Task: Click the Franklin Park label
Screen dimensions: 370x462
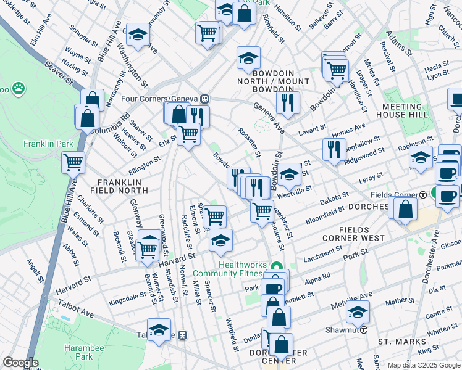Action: pyautogui.click(x=44, y=144)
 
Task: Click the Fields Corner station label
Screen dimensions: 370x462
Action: pyautogui.click(x=403, y=195)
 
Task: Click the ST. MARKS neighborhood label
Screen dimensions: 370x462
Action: pyautogui.click(x=402, y=341)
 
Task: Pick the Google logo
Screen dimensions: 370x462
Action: pyautogui.click(x=20, y=363)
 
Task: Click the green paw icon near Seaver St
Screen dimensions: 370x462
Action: pyautogui.click(x=19, y=88)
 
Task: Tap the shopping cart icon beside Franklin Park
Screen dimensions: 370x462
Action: pyautogui.click(x=73, y=163)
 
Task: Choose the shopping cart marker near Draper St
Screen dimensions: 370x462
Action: pyautogui.click(x=337, y=70)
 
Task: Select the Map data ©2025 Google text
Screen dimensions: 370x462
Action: pyautogui.click(x=424, y=364)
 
